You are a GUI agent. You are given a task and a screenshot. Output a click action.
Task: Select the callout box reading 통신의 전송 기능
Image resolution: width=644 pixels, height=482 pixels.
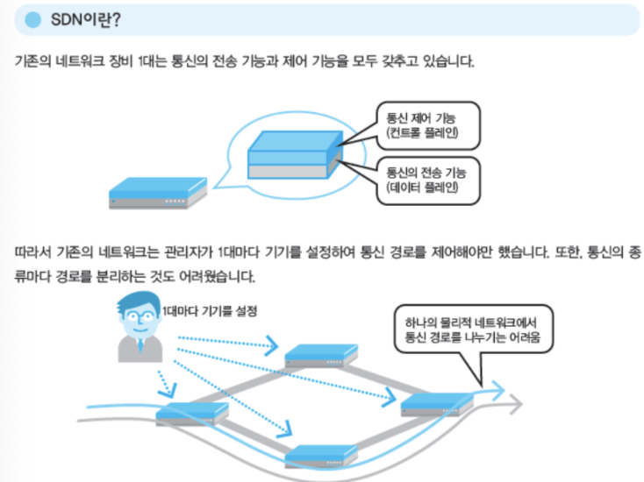pos(426,179)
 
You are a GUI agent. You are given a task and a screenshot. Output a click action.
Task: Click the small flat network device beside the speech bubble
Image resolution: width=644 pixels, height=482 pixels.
pos(158,193)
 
